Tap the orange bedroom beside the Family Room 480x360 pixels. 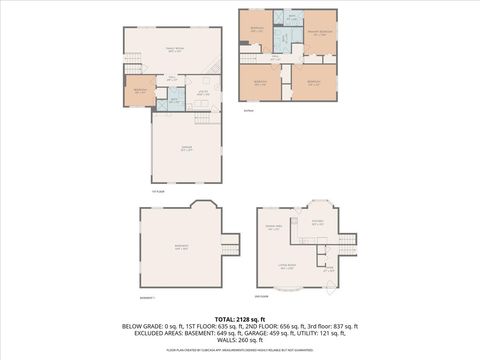(x=138, y=91)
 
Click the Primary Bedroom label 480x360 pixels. (x=319, y=32)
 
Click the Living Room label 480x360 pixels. (x=287, y=267)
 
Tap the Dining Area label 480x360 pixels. (x=272, y=229)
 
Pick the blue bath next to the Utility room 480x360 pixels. (x=174, y=100)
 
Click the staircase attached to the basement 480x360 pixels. (x=231, y=243)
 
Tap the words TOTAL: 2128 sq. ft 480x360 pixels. (x=239, y=317)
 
